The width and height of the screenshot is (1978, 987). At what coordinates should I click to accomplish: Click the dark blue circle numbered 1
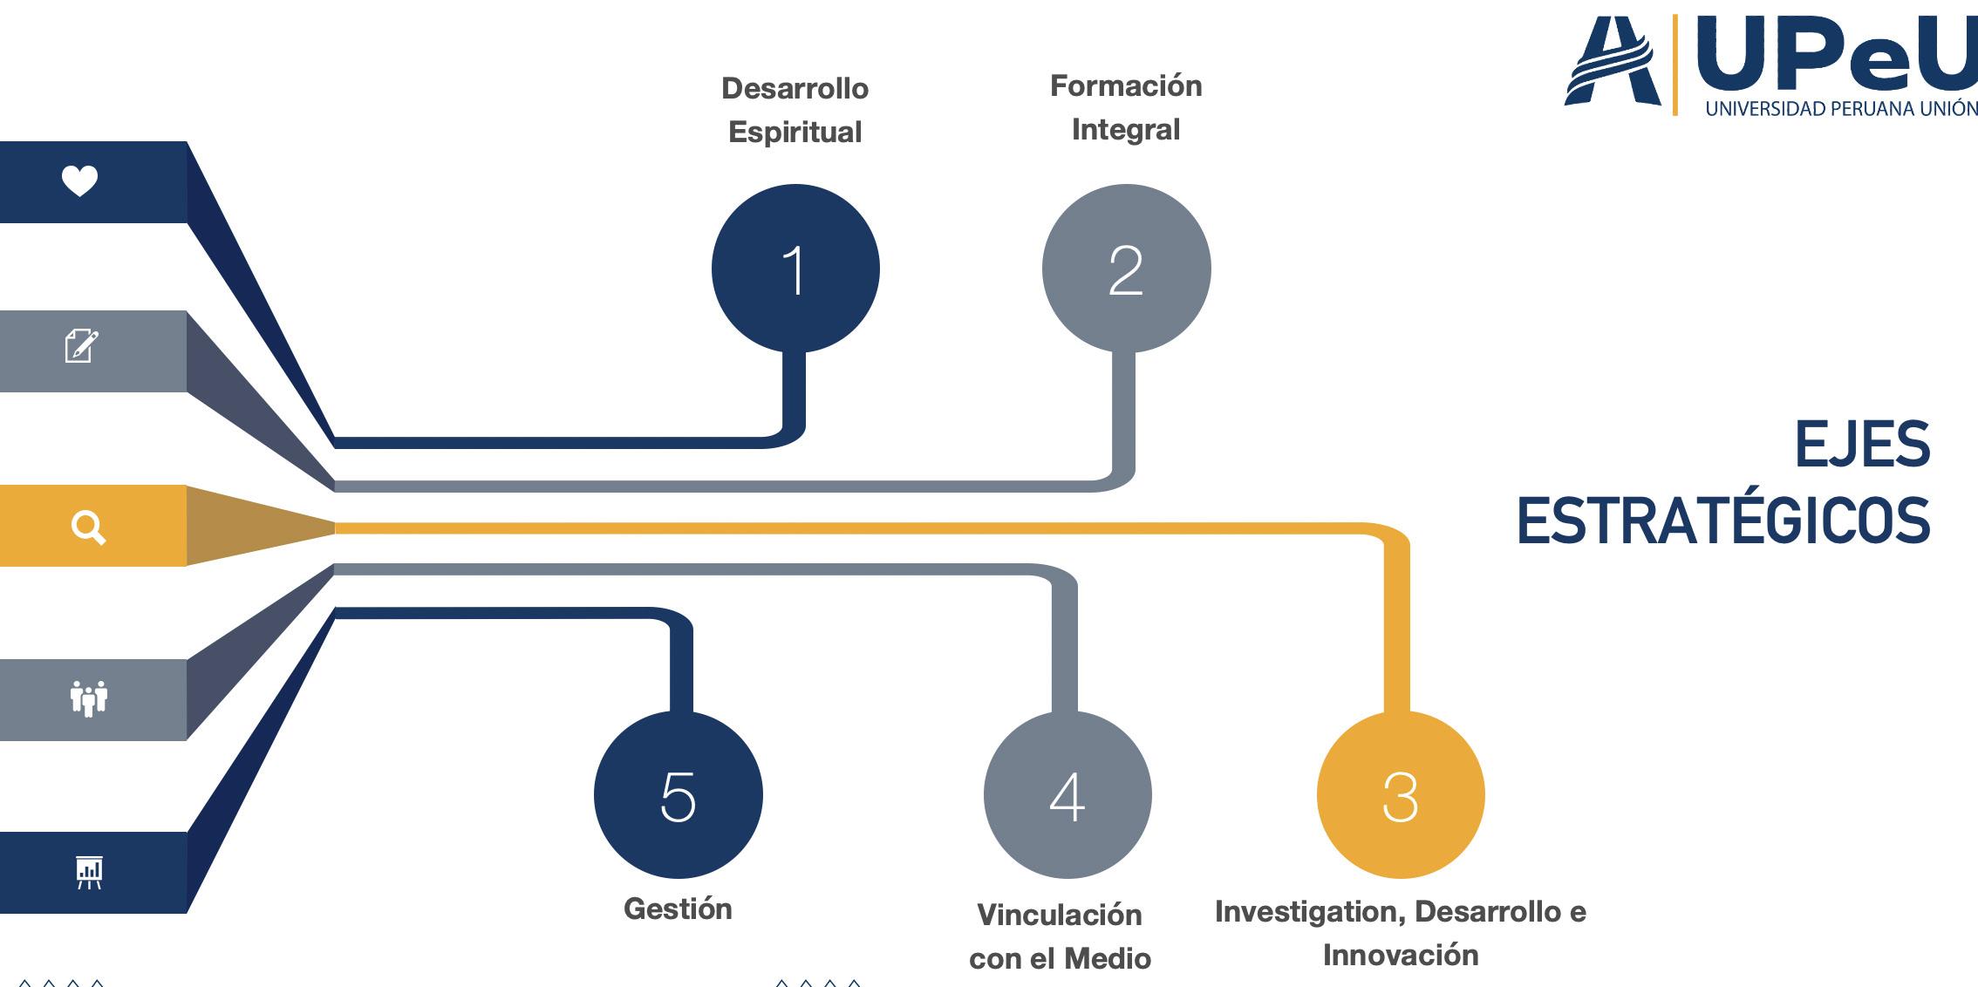pyautogui.click(x=795, y=269)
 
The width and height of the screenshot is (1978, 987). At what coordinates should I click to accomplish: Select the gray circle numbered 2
pyautogui.click(x=1126, y=269)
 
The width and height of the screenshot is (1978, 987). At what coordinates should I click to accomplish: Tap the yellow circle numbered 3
pyautogui.click(x=1400, y=795)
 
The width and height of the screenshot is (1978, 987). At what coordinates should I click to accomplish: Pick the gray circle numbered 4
pyautogui.click(x=1067, y=795)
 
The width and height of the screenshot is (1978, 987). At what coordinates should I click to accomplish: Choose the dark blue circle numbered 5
pyautogui.click(x=678, y=795)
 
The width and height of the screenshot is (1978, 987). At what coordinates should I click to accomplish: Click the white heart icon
pyautogui.click(x=79, y=181)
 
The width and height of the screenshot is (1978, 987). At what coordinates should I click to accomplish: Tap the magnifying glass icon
pyautogui.click(x=88, y=528)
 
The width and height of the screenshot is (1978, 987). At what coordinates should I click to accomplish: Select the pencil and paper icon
pyautogui.click(x=81, y=346)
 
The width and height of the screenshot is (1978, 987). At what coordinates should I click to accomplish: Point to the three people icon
pyautogui.click(x=88, y=698)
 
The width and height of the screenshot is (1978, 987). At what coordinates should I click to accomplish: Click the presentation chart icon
pyautogui.click(x=89, y=872)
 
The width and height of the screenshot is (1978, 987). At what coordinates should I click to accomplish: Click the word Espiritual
pyautogui.click(x=795, y=133)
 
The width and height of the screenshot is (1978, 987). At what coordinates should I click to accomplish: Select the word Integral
pyautogui.click(x=1125, y=130)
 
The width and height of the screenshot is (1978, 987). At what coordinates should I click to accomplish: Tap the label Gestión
pyautogui.click(x=678, y=909)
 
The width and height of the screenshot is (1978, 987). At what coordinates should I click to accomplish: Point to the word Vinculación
pyautogui.click(x=1059, y=916)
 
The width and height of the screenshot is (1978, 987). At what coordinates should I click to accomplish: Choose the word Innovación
pyautogui.click(x=1400, y=956)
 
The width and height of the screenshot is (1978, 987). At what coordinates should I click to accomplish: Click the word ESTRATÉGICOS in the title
pyautogui.click(x=1723, y=521)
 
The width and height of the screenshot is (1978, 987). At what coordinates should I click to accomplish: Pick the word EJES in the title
pyautogui.click(x=1862, y=445)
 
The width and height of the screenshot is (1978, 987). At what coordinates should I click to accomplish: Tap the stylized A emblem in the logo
pyautogui.click(x=1613, y=63)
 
